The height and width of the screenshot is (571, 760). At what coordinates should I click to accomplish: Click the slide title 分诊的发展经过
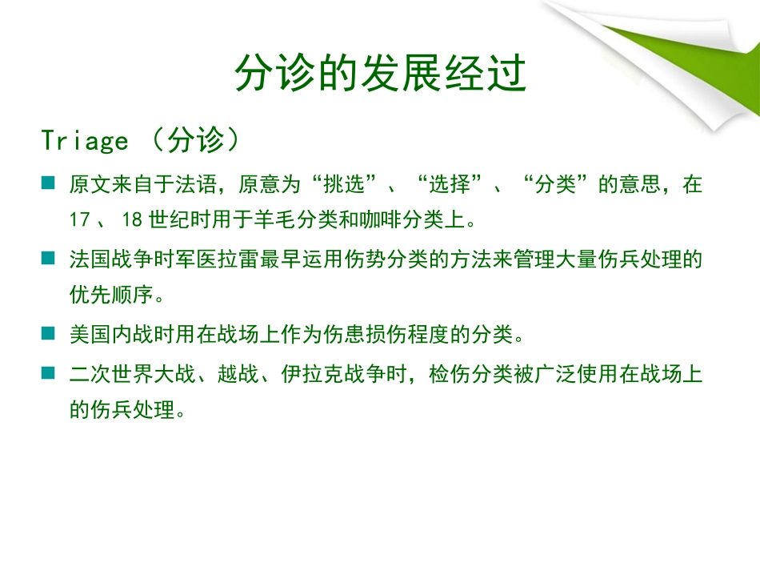pyautogui.click(x=380, y=74)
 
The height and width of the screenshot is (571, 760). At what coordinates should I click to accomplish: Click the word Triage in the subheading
pyautogui.click(x=85, y=141)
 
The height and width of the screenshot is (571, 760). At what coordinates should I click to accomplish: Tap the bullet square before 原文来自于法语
pyautogui.click(x=49, y=184)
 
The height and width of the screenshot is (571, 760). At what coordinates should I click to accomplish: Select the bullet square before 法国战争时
pyautogui.click(x=49, y=259)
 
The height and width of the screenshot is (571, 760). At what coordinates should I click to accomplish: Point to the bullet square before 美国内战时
pyautogui.click(x=49, y=332)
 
